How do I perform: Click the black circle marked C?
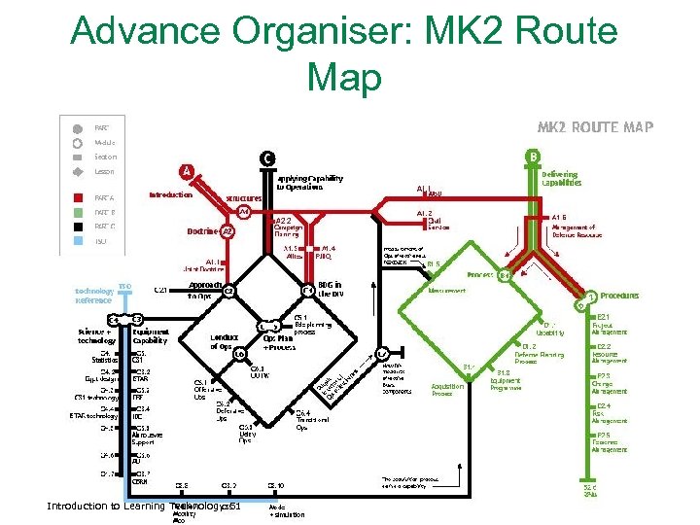[x=265, y=157]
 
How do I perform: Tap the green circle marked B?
[x=532, y=156]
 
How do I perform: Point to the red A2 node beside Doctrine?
[x=227, y=231]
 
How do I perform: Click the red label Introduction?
[x=170, y=194]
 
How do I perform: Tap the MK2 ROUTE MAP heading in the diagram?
[x=596, y=127]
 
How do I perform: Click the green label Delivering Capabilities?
[x=561, y=179]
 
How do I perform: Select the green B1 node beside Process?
[x=505, y=275]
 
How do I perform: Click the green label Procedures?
[x=619, y=295]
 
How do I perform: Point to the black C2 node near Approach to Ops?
[x=228, y=291]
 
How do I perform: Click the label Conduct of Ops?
[x=222, y=341]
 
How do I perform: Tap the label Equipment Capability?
[x=150, y=337]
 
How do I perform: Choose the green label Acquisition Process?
[x=447, y=390]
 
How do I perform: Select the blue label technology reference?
[x=94, y=296]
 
